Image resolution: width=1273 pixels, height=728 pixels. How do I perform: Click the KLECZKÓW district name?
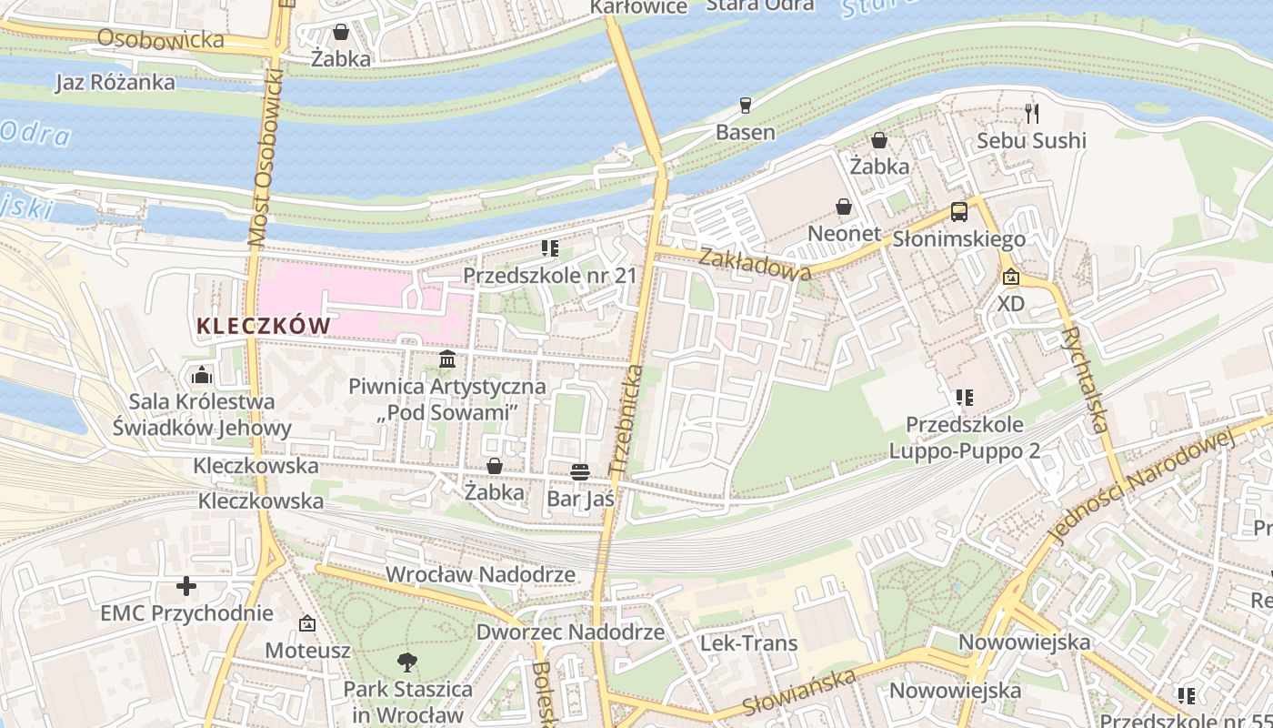coord(264,326)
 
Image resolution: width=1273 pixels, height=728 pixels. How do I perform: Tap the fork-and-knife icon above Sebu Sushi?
coord(1031,113)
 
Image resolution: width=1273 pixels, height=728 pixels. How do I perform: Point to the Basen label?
coord(746,132)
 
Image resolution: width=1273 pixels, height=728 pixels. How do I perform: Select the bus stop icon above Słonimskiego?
coord(959,212)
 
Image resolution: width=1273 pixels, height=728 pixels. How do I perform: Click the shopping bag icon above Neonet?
coord(844,207)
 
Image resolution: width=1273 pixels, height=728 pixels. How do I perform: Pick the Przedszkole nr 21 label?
coord(550,275)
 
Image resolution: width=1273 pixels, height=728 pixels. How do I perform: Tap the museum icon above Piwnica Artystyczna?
coord(447,359)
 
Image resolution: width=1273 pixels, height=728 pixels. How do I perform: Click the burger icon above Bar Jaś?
coord(580,471)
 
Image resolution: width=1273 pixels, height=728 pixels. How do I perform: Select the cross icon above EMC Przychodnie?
coord(186,586)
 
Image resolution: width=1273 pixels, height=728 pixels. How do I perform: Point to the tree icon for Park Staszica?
coord(407,662)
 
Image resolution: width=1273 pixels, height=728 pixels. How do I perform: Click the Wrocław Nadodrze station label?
coord(480,574)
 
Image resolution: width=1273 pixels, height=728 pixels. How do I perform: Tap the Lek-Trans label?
coord(748,642)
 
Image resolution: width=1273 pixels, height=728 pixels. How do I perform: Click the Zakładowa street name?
coord(755,264)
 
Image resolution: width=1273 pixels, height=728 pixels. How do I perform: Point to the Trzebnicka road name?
coord(626,419)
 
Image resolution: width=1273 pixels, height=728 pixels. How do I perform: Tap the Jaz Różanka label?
coord(115,82)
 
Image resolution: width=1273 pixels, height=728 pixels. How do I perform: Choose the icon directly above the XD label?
coord(1010,277)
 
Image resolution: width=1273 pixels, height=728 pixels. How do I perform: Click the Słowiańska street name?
coord(799,693)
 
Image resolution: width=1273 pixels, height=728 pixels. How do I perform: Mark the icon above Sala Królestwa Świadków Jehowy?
coord(201,375)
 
